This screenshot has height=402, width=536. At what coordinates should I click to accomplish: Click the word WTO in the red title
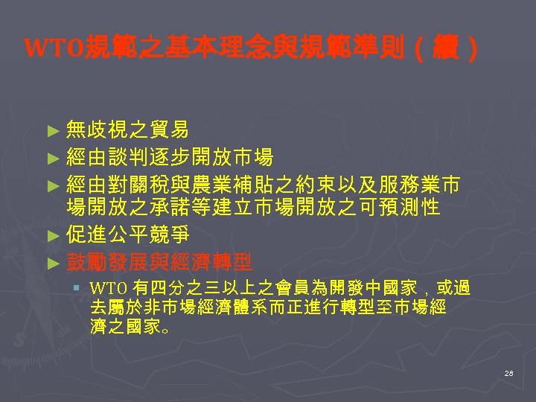[54, 51]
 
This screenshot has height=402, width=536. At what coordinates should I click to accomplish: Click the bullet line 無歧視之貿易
[127, 130]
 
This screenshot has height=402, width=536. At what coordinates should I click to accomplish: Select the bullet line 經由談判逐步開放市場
[168, 157]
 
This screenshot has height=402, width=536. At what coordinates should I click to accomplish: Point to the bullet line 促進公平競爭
[127, 235]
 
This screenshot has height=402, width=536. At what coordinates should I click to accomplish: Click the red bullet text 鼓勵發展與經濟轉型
[158, 261]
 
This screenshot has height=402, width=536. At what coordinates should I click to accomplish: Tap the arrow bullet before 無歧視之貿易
[51, 131]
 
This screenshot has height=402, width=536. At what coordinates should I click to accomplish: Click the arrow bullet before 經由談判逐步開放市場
[51, 158]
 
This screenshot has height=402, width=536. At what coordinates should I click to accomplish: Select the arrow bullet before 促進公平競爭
[51, 236]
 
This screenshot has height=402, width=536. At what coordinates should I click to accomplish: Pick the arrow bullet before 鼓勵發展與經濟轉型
[51, 262]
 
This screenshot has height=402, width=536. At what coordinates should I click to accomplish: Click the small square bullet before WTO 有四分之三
[76, 287]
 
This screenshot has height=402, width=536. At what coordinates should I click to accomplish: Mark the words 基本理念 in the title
[200, 51]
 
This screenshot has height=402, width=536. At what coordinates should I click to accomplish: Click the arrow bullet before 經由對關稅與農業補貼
[51, 184]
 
